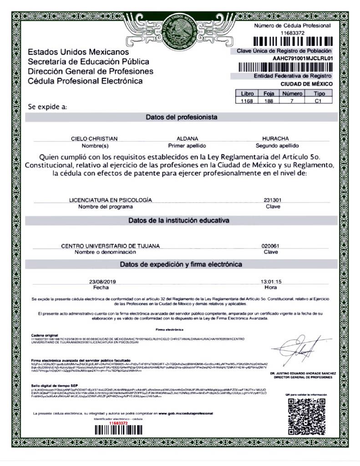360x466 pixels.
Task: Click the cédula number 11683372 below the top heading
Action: pyautogui.click(x=292, y=33)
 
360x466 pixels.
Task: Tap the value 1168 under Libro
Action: pyautogui.click(x=247, y=101)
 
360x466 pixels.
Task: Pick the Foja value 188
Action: pyautogui.click(x=269, y=101)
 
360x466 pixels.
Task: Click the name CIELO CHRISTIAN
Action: pyautogui.click(x=95, y=138)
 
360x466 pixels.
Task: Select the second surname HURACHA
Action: pyautogui.click(x=275, y=138)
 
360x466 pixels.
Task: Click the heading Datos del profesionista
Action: pyautogui.click(x=181, y=117)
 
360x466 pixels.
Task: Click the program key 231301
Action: pyautogui.click(x=272, y=200)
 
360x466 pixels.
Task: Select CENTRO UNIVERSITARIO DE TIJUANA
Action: pyautogui.click(x=111, y=246)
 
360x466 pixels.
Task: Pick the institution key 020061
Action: pyautogui.click(x=270, y=246)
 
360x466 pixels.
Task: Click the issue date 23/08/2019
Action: pyautogui.click(x=103, y=282)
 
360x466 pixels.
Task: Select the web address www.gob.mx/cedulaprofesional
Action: pyautogui.click(x=186, y=413)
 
